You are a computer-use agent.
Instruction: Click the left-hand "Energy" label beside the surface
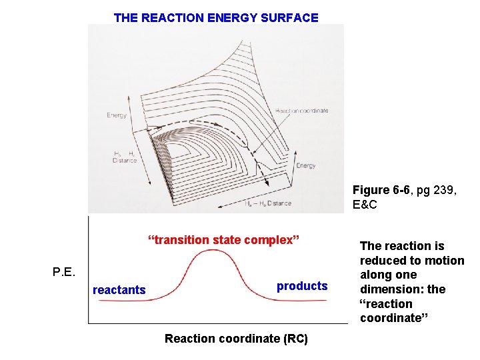click(x=116, y=115)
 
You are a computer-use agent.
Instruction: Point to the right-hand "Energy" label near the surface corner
click(x=306, y=165)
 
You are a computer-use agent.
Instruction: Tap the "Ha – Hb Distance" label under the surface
click(x=267, y=203)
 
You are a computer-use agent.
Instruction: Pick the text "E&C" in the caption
click(x=365, y=205)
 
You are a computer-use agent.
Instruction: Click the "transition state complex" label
click(x=224, y=240)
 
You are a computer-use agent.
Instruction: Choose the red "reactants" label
click(x=119, y=290)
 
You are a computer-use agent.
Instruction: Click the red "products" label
click(x=302, y=286)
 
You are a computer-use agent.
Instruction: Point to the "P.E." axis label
click(x=64, y=271)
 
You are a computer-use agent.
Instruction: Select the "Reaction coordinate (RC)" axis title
click(x=236, y=339)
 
